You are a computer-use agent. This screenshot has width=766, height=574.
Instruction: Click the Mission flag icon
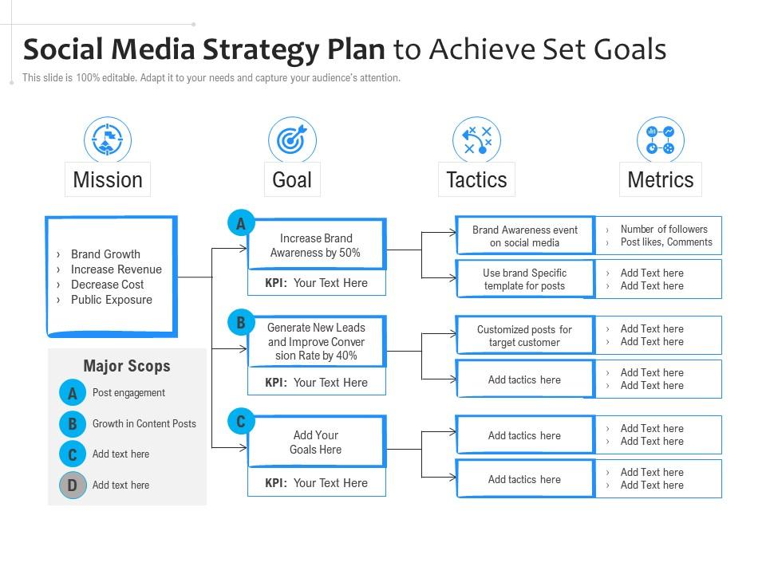(108, 140)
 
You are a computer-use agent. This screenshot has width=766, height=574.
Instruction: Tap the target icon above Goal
(292, 140)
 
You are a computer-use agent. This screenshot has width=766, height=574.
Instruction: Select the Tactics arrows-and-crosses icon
(476, 140)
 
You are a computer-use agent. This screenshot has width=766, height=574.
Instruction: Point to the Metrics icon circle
(661, 140)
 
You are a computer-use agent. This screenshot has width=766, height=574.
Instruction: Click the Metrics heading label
(661, 179)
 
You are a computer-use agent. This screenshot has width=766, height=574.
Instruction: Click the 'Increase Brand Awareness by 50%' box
(317, 244)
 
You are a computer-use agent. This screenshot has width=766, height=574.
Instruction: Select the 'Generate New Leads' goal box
(317, 341)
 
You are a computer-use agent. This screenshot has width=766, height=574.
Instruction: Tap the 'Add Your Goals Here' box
(317, 442)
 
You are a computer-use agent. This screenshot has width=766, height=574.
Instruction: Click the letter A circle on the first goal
(241, 223)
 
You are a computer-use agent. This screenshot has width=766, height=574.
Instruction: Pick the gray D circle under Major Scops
(73, 486)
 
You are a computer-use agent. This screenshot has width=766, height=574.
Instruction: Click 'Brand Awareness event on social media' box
(525, 236)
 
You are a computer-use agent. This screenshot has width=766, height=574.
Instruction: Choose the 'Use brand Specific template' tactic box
(525, 279)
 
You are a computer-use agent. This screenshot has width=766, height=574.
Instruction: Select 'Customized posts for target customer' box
(525, 336)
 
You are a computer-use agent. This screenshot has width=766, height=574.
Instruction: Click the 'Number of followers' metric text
(664, 229)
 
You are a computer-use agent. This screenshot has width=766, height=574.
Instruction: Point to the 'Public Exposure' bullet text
(112, 300)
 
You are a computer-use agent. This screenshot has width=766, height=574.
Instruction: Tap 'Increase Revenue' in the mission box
(116, 269)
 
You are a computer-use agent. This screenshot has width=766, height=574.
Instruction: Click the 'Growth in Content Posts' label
(144, 423)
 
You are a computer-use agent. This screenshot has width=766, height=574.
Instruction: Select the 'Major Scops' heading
(127, 366)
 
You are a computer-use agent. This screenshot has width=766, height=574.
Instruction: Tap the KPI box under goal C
(317, 483)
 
